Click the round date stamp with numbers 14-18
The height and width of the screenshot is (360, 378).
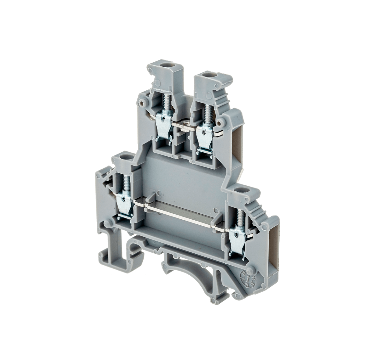tap(249, 278)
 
